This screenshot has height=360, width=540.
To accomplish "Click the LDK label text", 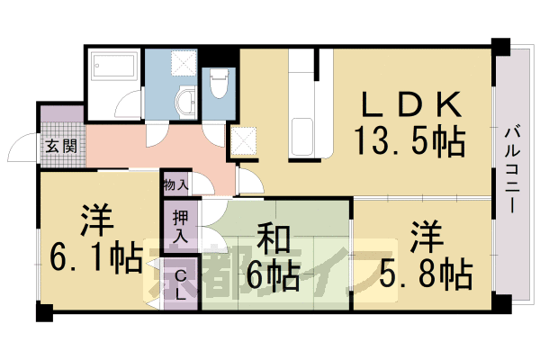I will tap(415, 106).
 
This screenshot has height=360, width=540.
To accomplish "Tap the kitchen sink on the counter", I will tap(301, 135).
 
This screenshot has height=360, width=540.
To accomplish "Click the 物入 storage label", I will tap(176, 184).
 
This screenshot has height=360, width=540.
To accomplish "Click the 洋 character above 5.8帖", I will tap(424, 236).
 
